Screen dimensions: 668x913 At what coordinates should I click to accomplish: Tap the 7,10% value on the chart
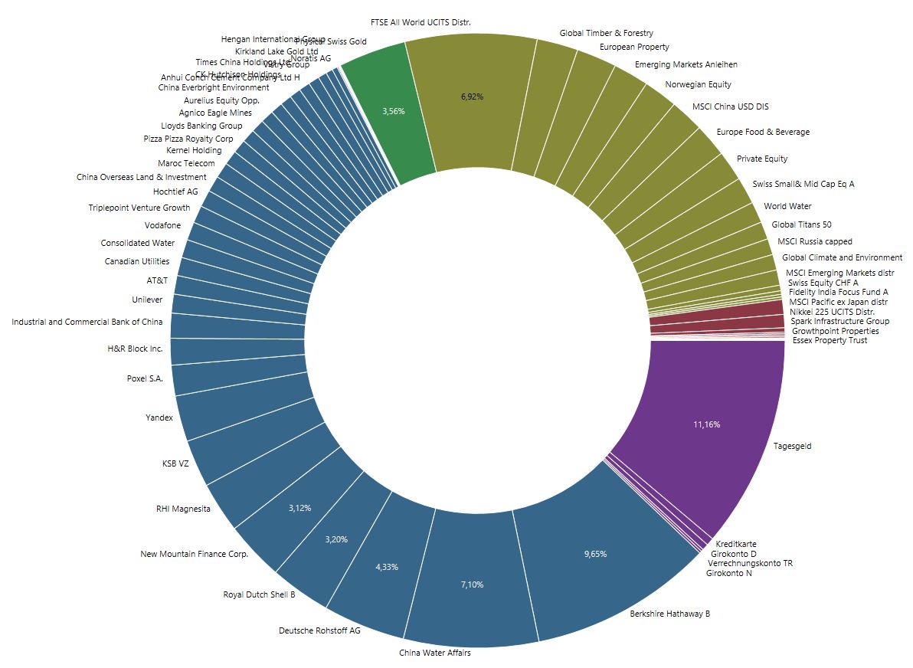coord(472,584)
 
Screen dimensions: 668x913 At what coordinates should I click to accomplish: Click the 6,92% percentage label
coord(472,97)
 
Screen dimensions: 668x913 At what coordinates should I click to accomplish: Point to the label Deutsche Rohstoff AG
coord(319,631)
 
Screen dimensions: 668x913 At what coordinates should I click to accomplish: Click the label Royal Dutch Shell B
coord(259,594)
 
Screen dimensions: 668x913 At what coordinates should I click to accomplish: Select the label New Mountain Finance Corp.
coord(195,554)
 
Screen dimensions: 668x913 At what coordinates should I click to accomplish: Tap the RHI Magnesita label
coord(183,509)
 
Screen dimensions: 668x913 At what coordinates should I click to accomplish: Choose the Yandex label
coord(159,418)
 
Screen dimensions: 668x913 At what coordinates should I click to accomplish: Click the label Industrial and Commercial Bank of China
coord(87,322)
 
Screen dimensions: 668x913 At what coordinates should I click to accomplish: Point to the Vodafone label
coord(163,225)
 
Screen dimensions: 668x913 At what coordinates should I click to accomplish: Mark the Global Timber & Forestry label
coord(606,33)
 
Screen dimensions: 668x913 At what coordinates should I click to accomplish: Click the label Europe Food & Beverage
coord(763,132)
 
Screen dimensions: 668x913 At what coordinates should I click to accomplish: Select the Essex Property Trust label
coord(830,340)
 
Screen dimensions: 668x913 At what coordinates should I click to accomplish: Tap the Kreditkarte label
coord(736,544)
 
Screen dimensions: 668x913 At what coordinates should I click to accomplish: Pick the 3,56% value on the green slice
coord(393,111)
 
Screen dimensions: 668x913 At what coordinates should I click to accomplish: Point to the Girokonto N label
coord(728,573)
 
